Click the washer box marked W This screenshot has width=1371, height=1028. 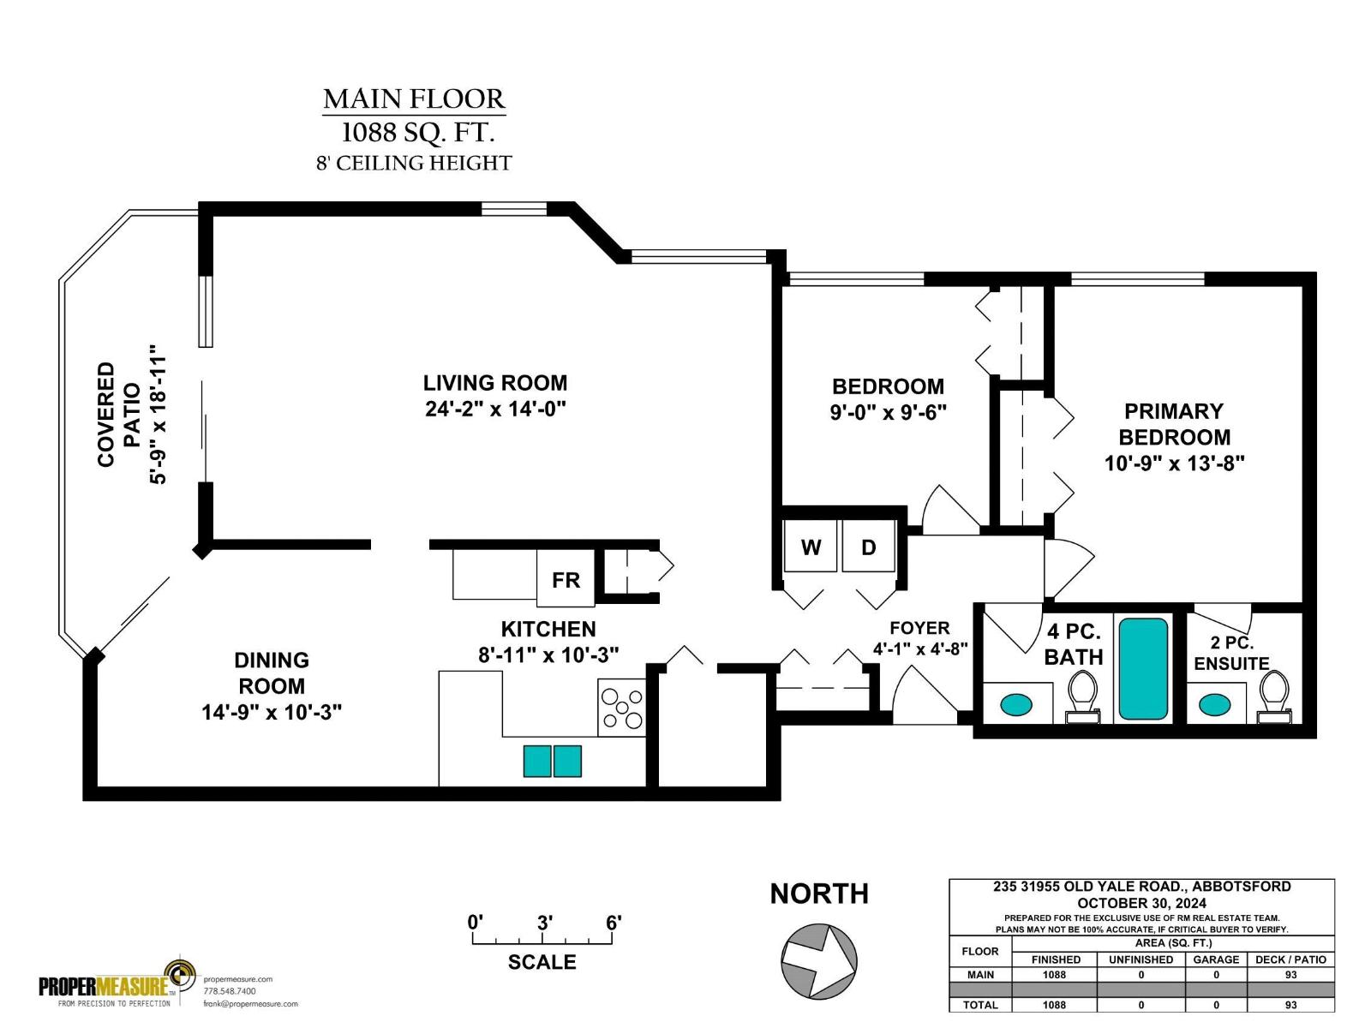810,547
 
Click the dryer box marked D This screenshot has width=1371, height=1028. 868,547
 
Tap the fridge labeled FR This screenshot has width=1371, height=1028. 565,580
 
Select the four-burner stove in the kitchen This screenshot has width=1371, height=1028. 621,708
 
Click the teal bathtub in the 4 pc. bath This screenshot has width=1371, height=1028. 1143,669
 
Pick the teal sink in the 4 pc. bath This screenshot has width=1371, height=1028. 1016,705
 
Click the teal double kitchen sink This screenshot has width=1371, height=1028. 553,761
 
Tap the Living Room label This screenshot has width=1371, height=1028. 494,383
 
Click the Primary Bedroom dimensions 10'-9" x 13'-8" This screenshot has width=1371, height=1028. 1174,463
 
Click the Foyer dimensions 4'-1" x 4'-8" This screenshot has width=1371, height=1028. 920,649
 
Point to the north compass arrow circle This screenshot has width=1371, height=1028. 818,960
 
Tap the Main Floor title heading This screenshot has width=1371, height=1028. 414,99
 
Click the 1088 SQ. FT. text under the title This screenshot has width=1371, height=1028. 417,133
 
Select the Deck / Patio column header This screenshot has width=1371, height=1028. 1290,959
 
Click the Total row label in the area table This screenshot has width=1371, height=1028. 979,1005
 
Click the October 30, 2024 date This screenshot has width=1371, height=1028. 1141,903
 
